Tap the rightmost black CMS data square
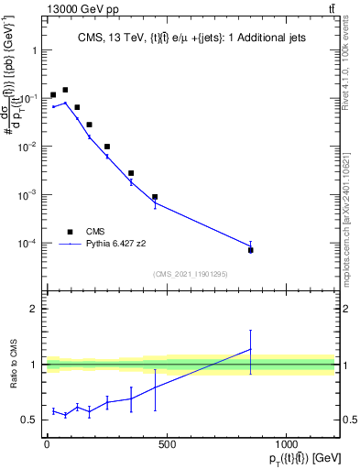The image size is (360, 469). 251,250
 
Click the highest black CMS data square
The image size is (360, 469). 65,90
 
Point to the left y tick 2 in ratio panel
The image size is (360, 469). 36,309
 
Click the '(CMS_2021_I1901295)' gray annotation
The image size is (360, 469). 190,274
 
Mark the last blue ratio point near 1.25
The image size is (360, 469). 251,349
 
